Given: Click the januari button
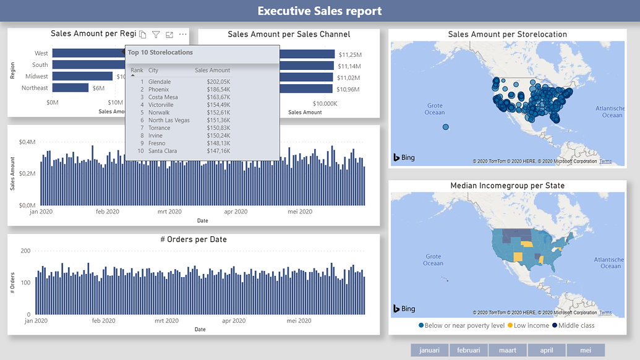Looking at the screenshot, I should click(x=429, y=350).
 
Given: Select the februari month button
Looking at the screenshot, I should click(x=468, y=350).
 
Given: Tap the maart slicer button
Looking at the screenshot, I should click(x=508, y=350).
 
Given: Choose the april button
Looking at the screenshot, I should click(x=547, y=350).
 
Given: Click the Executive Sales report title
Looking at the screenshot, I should click(x=320, y=11).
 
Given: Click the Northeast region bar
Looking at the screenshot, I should click(x=70, y=88).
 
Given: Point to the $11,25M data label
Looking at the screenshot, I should click(x=350, y=55).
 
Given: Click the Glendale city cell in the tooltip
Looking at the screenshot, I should click(x=160, y=82).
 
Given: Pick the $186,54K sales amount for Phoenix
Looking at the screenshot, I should click(x=218, y=90).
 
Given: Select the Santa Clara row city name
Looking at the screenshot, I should click(x=163, y=151).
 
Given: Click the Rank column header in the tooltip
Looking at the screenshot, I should click(x=137, y=71).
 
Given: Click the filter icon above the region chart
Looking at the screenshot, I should click(x=156, y=35).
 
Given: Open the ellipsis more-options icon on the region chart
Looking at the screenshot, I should click(x=182, y=35).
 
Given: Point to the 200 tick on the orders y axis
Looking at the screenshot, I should click(x=26, y=251).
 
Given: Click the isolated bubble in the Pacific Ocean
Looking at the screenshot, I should click(x=445, y=127).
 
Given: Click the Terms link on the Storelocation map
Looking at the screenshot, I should click(x=605, y=161).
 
